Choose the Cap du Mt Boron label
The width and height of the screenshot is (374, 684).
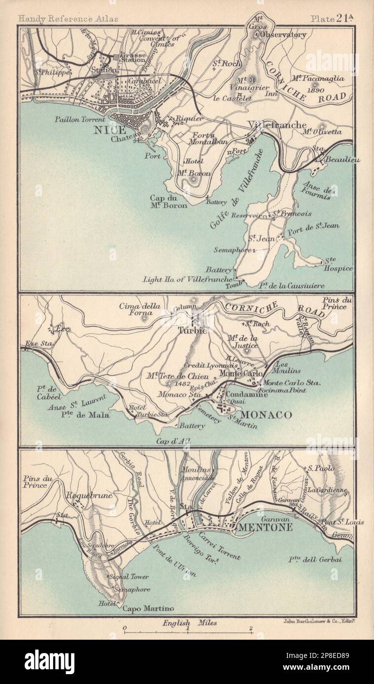(x=169, y=202)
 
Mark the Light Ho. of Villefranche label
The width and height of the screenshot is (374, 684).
(x=187, y=279)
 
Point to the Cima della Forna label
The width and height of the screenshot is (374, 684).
(x=140, y=309)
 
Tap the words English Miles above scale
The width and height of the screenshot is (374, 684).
(x=189, y=622)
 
